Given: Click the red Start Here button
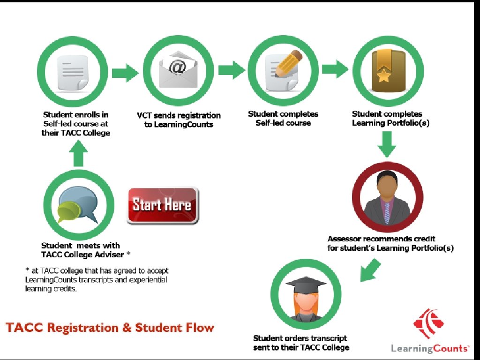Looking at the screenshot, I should coord(162,205).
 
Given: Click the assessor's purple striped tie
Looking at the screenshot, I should coord(387,211).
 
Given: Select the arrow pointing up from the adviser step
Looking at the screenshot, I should coord(78,153).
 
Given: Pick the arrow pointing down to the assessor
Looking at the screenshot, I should coord(387,143).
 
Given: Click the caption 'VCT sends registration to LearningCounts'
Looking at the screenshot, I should coord(179,120).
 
